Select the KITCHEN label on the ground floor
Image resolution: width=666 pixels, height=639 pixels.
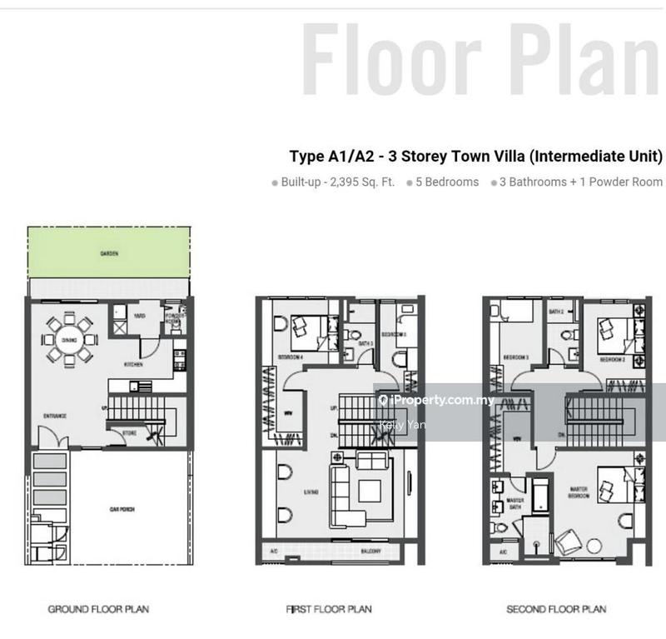[x=133, y=365]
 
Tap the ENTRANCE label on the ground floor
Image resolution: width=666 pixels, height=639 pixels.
[x=55, y=415]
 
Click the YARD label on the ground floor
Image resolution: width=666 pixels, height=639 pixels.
[x=141, y=316]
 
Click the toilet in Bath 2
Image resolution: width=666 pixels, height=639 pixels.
[x=568, y=337]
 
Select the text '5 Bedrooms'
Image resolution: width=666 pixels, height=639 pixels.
[x=448, y=182]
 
